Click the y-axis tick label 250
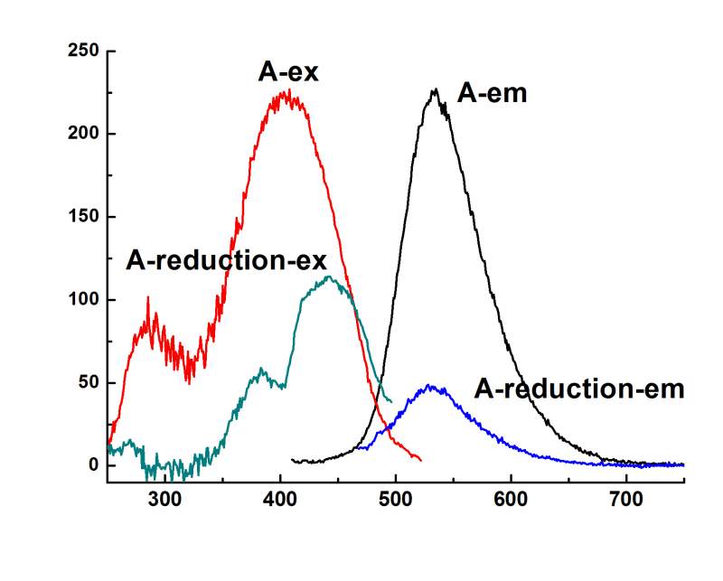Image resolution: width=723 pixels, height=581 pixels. click(x=84, y=52)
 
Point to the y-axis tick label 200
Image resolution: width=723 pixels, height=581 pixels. click(x=84, y=134)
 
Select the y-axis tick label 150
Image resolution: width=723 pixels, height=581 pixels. click(x=84, y=217)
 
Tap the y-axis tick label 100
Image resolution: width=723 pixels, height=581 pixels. click(x=84, y=300)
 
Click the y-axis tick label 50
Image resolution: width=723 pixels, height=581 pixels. click(x=89, y=382)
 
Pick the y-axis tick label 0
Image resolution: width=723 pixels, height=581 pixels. click(x=94, y=465)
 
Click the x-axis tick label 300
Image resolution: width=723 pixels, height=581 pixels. click(x=164, y=497)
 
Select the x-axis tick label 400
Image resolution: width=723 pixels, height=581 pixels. click(x=279, y=497)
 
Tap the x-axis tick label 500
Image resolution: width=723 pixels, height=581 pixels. click(x=395, y=497)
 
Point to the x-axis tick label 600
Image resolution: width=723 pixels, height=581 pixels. click(x=511, y=497)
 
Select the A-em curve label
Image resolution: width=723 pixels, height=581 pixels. click(x=493, y=92)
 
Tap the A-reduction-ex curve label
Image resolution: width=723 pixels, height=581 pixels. click(x=226, y=261)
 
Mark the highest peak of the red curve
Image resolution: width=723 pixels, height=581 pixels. click(x=285, y=91)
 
